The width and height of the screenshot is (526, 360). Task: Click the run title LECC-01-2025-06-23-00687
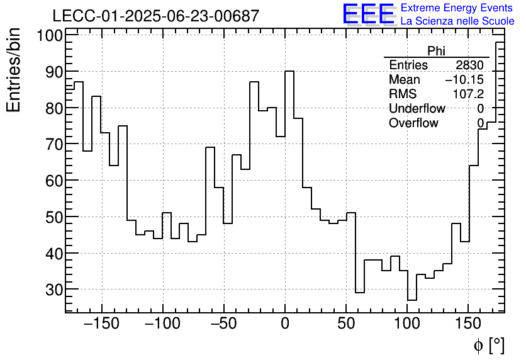pyautogui.click(x=155, y=16)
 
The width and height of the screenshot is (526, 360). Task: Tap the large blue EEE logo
pyautogui.click(x=368, y=14)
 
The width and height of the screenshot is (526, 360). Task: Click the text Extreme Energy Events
pyautogui.click(x=457, y=8)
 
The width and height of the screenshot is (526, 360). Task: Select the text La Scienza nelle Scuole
pyautogui.click(x=457, y=21)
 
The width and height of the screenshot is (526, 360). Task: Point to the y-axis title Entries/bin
pyautogui.click(x=14, y=70)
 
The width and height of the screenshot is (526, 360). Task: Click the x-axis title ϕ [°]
pyautogui.click(x=488, y=345)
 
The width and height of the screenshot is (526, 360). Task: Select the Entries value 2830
pyautogui.click(x=469, y=65)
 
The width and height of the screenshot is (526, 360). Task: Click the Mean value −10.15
pyautogui.click(x=464, y=80)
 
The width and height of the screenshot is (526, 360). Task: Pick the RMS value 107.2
pyautogui.click(x=468, y=94)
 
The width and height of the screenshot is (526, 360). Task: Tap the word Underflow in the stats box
pyautogui.click(x=417, y=109)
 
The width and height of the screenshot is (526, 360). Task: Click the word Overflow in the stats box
pyautogui.click(x=413, y=123)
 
